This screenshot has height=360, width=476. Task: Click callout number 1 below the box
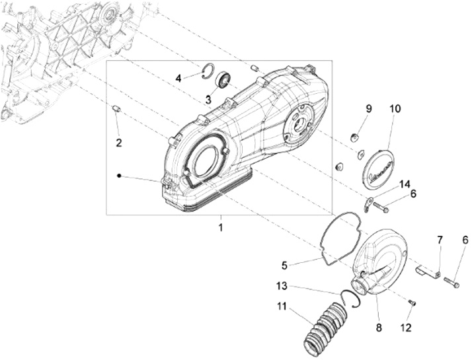coord(221,227)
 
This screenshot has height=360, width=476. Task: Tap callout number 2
coord(119,143)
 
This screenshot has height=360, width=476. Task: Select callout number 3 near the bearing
coord(208,100)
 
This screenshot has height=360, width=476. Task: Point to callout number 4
coord(178,79)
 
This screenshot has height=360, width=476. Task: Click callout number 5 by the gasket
coord(284,266)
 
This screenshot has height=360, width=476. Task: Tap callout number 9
coord(370,108)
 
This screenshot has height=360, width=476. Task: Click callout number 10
coord(395,108)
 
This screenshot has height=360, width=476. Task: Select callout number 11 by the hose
coord(282,306)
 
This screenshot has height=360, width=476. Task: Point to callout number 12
coord(407,328)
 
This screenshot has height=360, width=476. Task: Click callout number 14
coord(405,184)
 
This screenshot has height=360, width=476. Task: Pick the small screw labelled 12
coord(411,303)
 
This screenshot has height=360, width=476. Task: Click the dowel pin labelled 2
coord(115,108)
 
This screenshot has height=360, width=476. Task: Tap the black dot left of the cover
coord(118,176)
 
